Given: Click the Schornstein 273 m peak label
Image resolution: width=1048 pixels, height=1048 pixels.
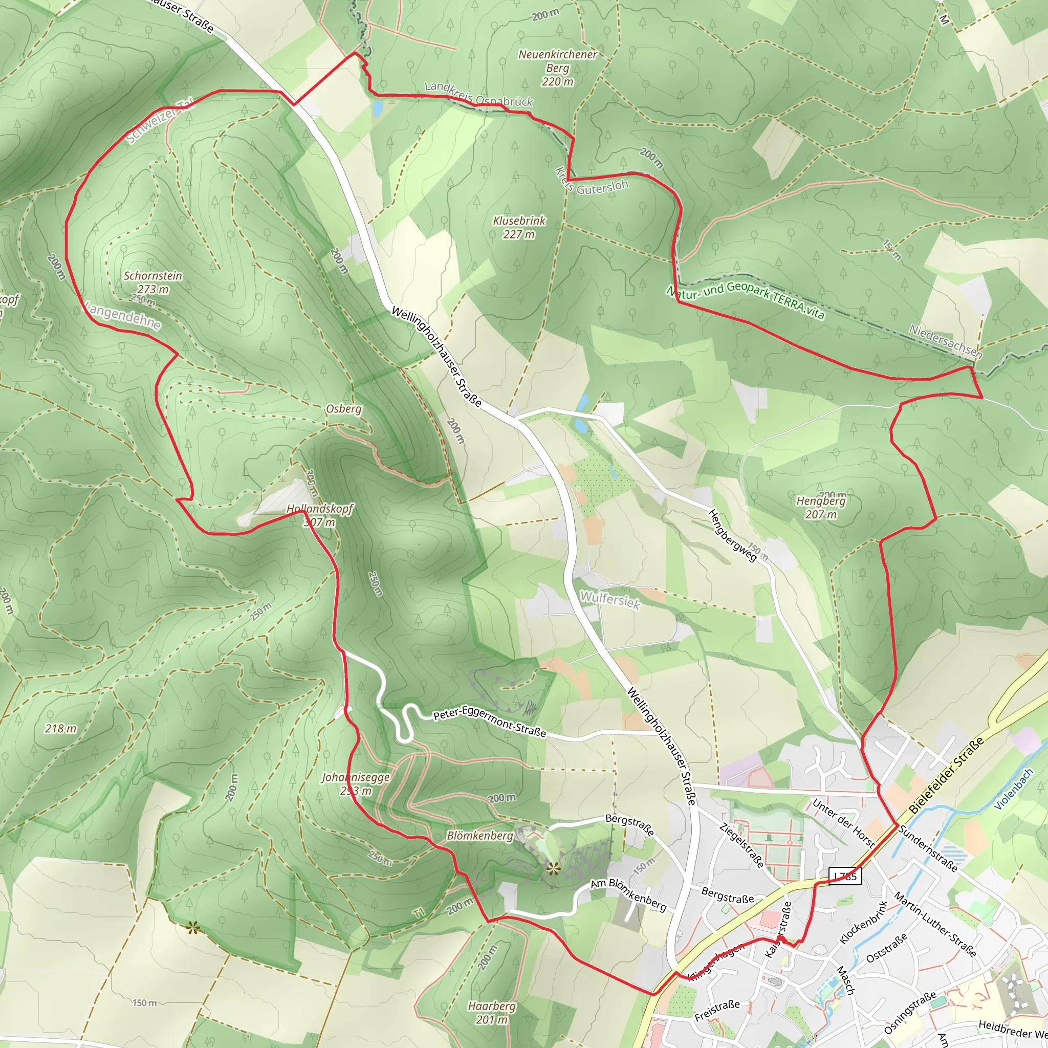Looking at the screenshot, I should click(x=153, y=282).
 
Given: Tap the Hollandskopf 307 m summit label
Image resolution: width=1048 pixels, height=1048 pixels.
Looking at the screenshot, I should click(x=319, y=515).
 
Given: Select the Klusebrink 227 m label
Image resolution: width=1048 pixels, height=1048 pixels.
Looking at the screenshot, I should click(x=519, y=227).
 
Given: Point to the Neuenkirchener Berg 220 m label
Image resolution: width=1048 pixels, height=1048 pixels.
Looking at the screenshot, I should click(x=558, y=68).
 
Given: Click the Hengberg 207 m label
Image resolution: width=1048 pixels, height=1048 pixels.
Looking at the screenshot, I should click(x=821, y=507).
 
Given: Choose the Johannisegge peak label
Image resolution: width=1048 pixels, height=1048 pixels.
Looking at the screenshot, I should click(x=356, y=784).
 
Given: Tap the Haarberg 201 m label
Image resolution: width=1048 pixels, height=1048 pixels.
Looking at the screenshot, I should click(x=492, y=1013).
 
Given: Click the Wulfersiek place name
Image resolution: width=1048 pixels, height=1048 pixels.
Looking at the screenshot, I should click(x=610, y=600).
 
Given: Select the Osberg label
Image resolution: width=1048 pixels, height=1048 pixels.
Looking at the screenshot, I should click(x=344, y=408).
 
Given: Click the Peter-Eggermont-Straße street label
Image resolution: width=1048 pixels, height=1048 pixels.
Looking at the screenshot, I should click(x=489, y=724).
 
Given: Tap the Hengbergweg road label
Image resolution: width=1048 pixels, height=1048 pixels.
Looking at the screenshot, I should click(x=732, y=535).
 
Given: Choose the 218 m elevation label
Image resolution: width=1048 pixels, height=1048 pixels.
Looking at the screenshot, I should click(x=61, y=729).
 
